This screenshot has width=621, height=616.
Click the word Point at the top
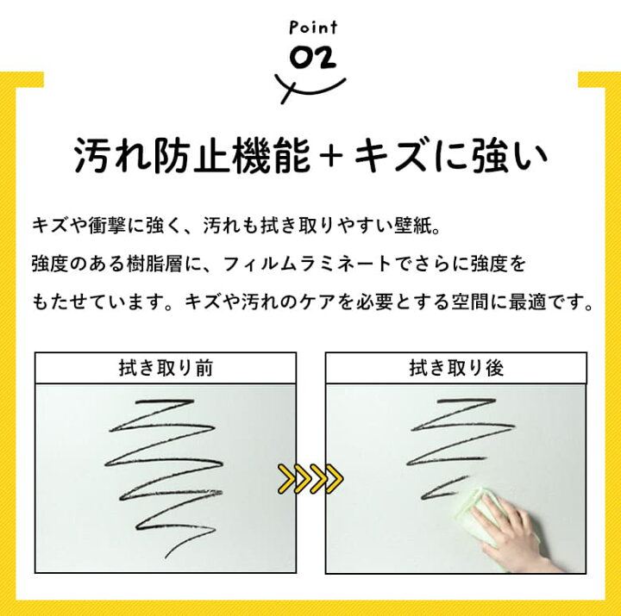[x=313, y=28]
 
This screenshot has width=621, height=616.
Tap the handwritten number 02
[x=313, y=59]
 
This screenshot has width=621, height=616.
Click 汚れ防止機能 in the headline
[x=192, y=155]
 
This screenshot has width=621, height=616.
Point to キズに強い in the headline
[x=450, y=155]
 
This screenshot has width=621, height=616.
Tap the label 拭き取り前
[x=166, y=368]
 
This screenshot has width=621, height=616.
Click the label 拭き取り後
[x=456, y=368]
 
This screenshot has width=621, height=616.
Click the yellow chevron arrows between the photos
[x=310, y=479]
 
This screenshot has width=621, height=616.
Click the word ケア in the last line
[x=317, y=302]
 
